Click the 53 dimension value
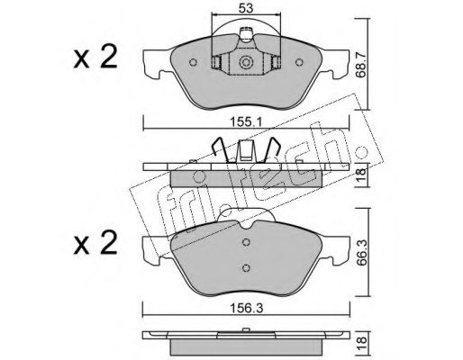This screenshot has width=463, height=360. [x=246, y=8]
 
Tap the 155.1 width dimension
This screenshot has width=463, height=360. [x=246, y=122]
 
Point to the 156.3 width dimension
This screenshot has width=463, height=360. [x=246, y=308]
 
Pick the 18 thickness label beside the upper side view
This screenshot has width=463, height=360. [x=361, y=175]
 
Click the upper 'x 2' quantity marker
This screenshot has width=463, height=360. [x=95, y=57]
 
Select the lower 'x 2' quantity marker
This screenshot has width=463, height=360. [x=95, y=242]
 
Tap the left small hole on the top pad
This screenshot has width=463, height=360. [x=193, y=62]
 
